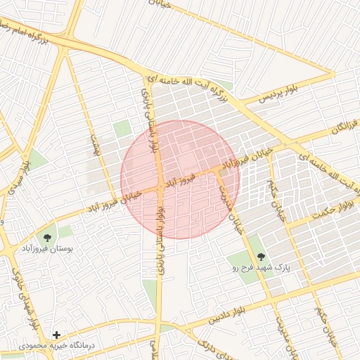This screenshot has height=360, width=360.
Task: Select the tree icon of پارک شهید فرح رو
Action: click(261, 257)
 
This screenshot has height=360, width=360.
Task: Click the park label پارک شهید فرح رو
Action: click(261, 268)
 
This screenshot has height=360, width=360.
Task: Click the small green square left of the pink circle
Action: click(123, 129)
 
